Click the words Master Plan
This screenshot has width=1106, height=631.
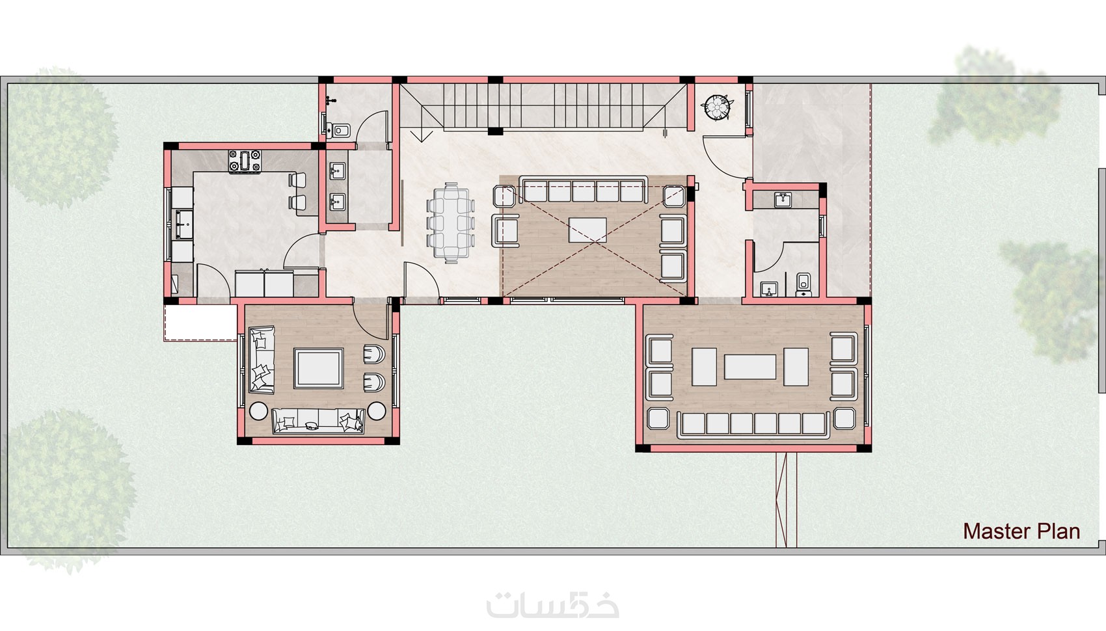[x=1021, y=531]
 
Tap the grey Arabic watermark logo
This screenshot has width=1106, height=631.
[x=552, y=604]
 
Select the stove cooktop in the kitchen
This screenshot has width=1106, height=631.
[x=245, y=161]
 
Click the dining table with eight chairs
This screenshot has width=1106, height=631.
[x=450, y=222]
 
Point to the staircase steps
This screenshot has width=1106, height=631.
[x=543, y=107]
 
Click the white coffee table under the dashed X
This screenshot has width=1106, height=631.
[x=587, y=230]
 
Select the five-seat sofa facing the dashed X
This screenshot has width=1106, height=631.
[x=583, y=189]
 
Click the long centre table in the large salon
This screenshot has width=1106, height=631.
[x=750, y=367]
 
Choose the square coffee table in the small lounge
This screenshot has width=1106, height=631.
[x=319, y=368]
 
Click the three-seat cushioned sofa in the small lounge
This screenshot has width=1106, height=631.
[x=318, y=421]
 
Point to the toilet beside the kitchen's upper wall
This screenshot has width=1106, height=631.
[x=340, y=130]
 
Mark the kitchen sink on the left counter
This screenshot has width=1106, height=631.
[x=184, y=224]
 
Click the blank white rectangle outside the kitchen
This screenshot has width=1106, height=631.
[x=201, y=323]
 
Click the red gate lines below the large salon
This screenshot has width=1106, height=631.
[x=786, y=500]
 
